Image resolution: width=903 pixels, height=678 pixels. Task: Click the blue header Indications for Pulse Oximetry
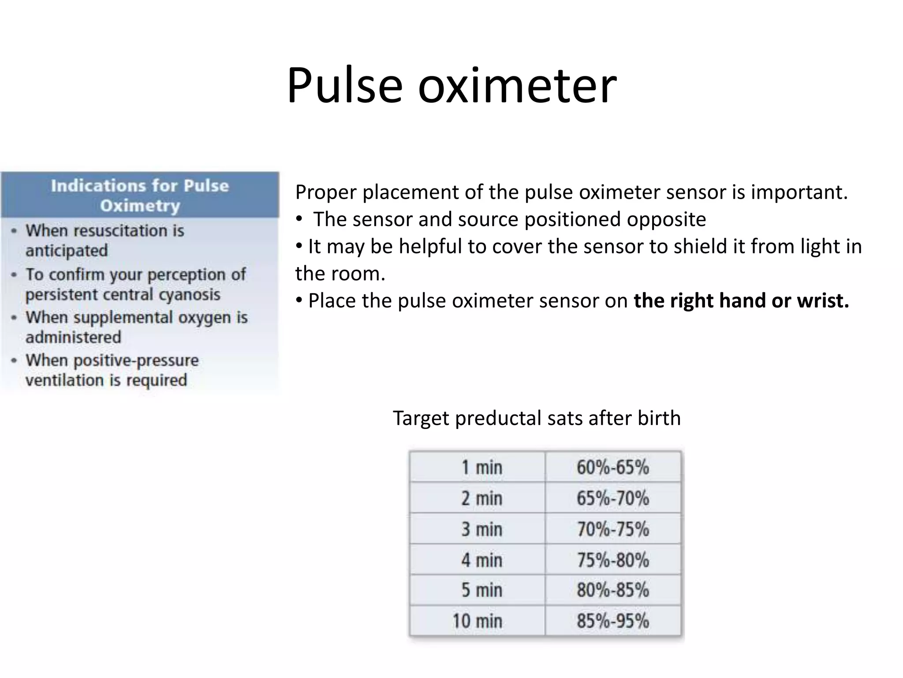tap(140, 195)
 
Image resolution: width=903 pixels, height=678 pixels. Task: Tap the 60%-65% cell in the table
tap(612, 467)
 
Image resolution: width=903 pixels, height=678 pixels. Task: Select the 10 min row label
tap(477, 621)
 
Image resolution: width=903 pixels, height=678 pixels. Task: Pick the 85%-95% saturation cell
tap(612, 621)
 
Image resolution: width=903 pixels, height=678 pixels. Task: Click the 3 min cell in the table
tap(481, 529)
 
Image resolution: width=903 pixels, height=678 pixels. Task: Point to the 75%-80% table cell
tap(612, 560)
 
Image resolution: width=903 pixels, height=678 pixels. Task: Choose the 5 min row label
tap(481, 590)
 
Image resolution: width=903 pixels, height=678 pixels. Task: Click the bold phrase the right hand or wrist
tap(741, 301)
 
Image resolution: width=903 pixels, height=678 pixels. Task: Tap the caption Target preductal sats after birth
tap(537, 418)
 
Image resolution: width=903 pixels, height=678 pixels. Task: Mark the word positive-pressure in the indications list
tap(136, 361)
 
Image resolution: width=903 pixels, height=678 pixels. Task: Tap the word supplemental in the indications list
tap(123, 317)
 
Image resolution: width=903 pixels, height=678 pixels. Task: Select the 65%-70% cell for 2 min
tap(612, 498)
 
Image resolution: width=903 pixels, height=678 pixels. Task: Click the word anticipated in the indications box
tap(67, 251)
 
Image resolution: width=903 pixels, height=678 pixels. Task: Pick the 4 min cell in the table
tap(481, 560)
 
